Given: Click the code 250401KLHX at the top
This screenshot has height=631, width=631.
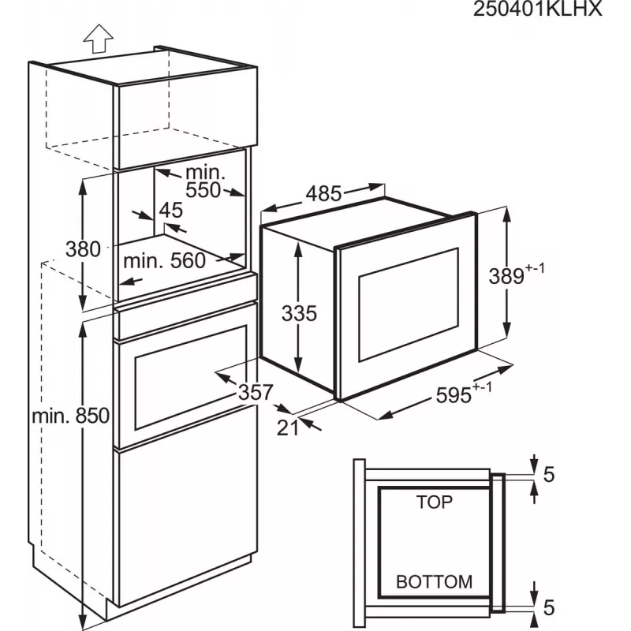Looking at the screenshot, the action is [537, 9].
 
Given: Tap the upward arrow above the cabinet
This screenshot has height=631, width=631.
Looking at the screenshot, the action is [98, 39].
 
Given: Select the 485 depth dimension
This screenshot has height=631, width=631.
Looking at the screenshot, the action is [323, 194].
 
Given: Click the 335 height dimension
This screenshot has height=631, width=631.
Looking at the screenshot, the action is [299, 313].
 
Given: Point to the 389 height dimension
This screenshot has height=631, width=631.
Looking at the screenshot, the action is [506, 277].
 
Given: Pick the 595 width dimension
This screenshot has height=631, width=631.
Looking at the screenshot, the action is [454, 395].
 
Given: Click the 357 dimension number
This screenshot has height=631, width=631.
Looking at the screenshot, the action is [256, 392].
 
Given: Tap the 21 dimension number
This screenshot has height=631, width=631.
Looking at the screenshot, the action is [288, 428].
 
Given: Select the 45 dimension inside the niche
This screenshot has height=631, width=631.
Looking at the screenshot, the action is [171, 210].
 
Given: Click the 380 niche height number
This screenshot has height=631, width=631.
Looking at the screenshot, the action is [83, 249].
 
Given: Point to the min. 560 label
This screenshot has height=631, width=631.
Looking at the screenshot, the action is [165, 261].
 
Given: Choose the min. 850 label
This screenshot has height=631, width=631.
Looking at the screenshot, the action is [71, 416].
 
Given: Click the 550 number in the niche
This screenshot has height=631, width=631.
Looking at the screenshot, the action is [203, 190].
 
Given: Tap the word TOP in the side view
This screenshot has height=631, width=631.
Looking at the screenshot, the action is [435, 502].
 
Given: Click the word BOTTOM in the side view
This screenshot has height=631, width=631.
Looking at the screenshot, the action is [435, 582].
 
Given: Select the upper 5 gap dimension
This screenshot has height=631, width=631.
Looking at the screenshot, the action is [549, 475].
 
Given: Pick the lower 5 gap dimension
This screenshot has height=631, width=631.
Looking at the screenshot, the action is [549, 607].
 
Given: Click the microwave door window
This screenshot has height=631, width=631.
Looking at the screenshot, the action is [409, 304].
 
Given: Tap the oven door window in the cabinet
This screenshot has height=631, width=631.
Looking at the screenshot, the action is [191, 377].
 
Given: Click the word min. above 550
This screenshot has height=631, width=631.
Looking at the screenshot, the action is [205, 173].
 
